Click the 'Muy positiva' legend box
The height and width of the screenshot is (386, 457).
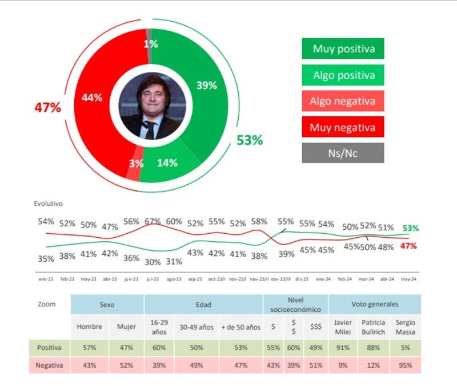[x=343, y=48]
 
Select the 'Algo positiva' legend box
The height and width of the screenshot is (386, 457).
[x=343, y=75]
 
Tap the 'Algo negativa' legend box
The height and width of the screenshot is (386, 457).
[x=343, y=101]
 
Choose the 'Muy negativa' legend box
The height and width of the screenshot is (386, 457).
[x=343, y=127]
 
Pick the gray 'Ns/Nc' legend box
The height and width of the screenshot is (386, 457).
[x=343, y=153]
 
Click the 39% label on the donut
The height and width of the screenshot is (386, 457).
[x=206, y=86]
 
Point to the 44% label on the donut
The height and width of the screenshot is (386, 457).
[x=91, y=97]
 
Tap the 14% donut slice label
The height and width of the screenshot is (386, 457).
[x=167, y=163]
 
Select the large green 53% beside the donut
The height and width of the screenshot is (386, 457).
[x=249, y=140]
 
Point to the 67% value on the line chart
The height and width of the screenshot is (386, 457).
[x=152, y=221]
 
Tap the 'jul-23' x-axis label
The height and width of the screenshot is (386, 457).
[x=152, y=279]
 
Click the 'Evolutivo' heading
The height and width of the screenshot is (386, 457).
[x=49, y=204]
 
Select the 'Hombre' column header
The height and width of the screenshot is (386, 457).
[x=89, y=327]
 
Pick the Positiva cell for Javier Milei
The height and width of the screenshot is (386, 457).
[x=342, y=347]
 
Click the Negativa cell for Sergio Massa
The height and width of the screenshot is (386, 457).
[x=405, y=365]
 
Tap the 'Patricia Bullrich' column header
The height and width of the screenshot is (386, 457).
[x=374, y=327]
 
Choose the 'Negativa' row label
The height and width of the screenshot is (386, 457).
[x=49, y=365]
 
